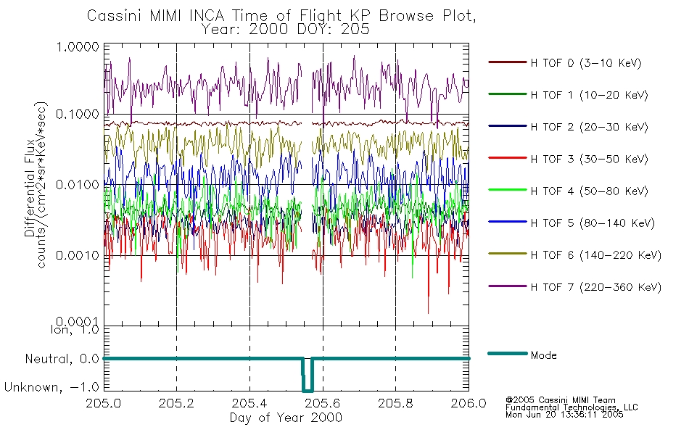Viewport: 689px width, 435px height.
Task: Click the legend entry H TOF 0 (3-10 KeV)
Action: [x=587, y=63]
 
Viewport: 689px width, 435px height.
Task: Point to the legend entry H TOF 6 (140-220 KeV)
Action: [x=595, y=254]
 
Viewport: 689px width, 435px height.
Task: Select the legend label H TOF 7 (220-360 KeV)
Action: [x=595, y=287]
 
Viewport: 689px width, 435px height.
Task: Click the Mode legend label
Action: [x=543, y=355]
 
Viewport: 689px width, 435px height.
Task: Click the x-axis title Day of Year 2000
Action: [x=286, y=418]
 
